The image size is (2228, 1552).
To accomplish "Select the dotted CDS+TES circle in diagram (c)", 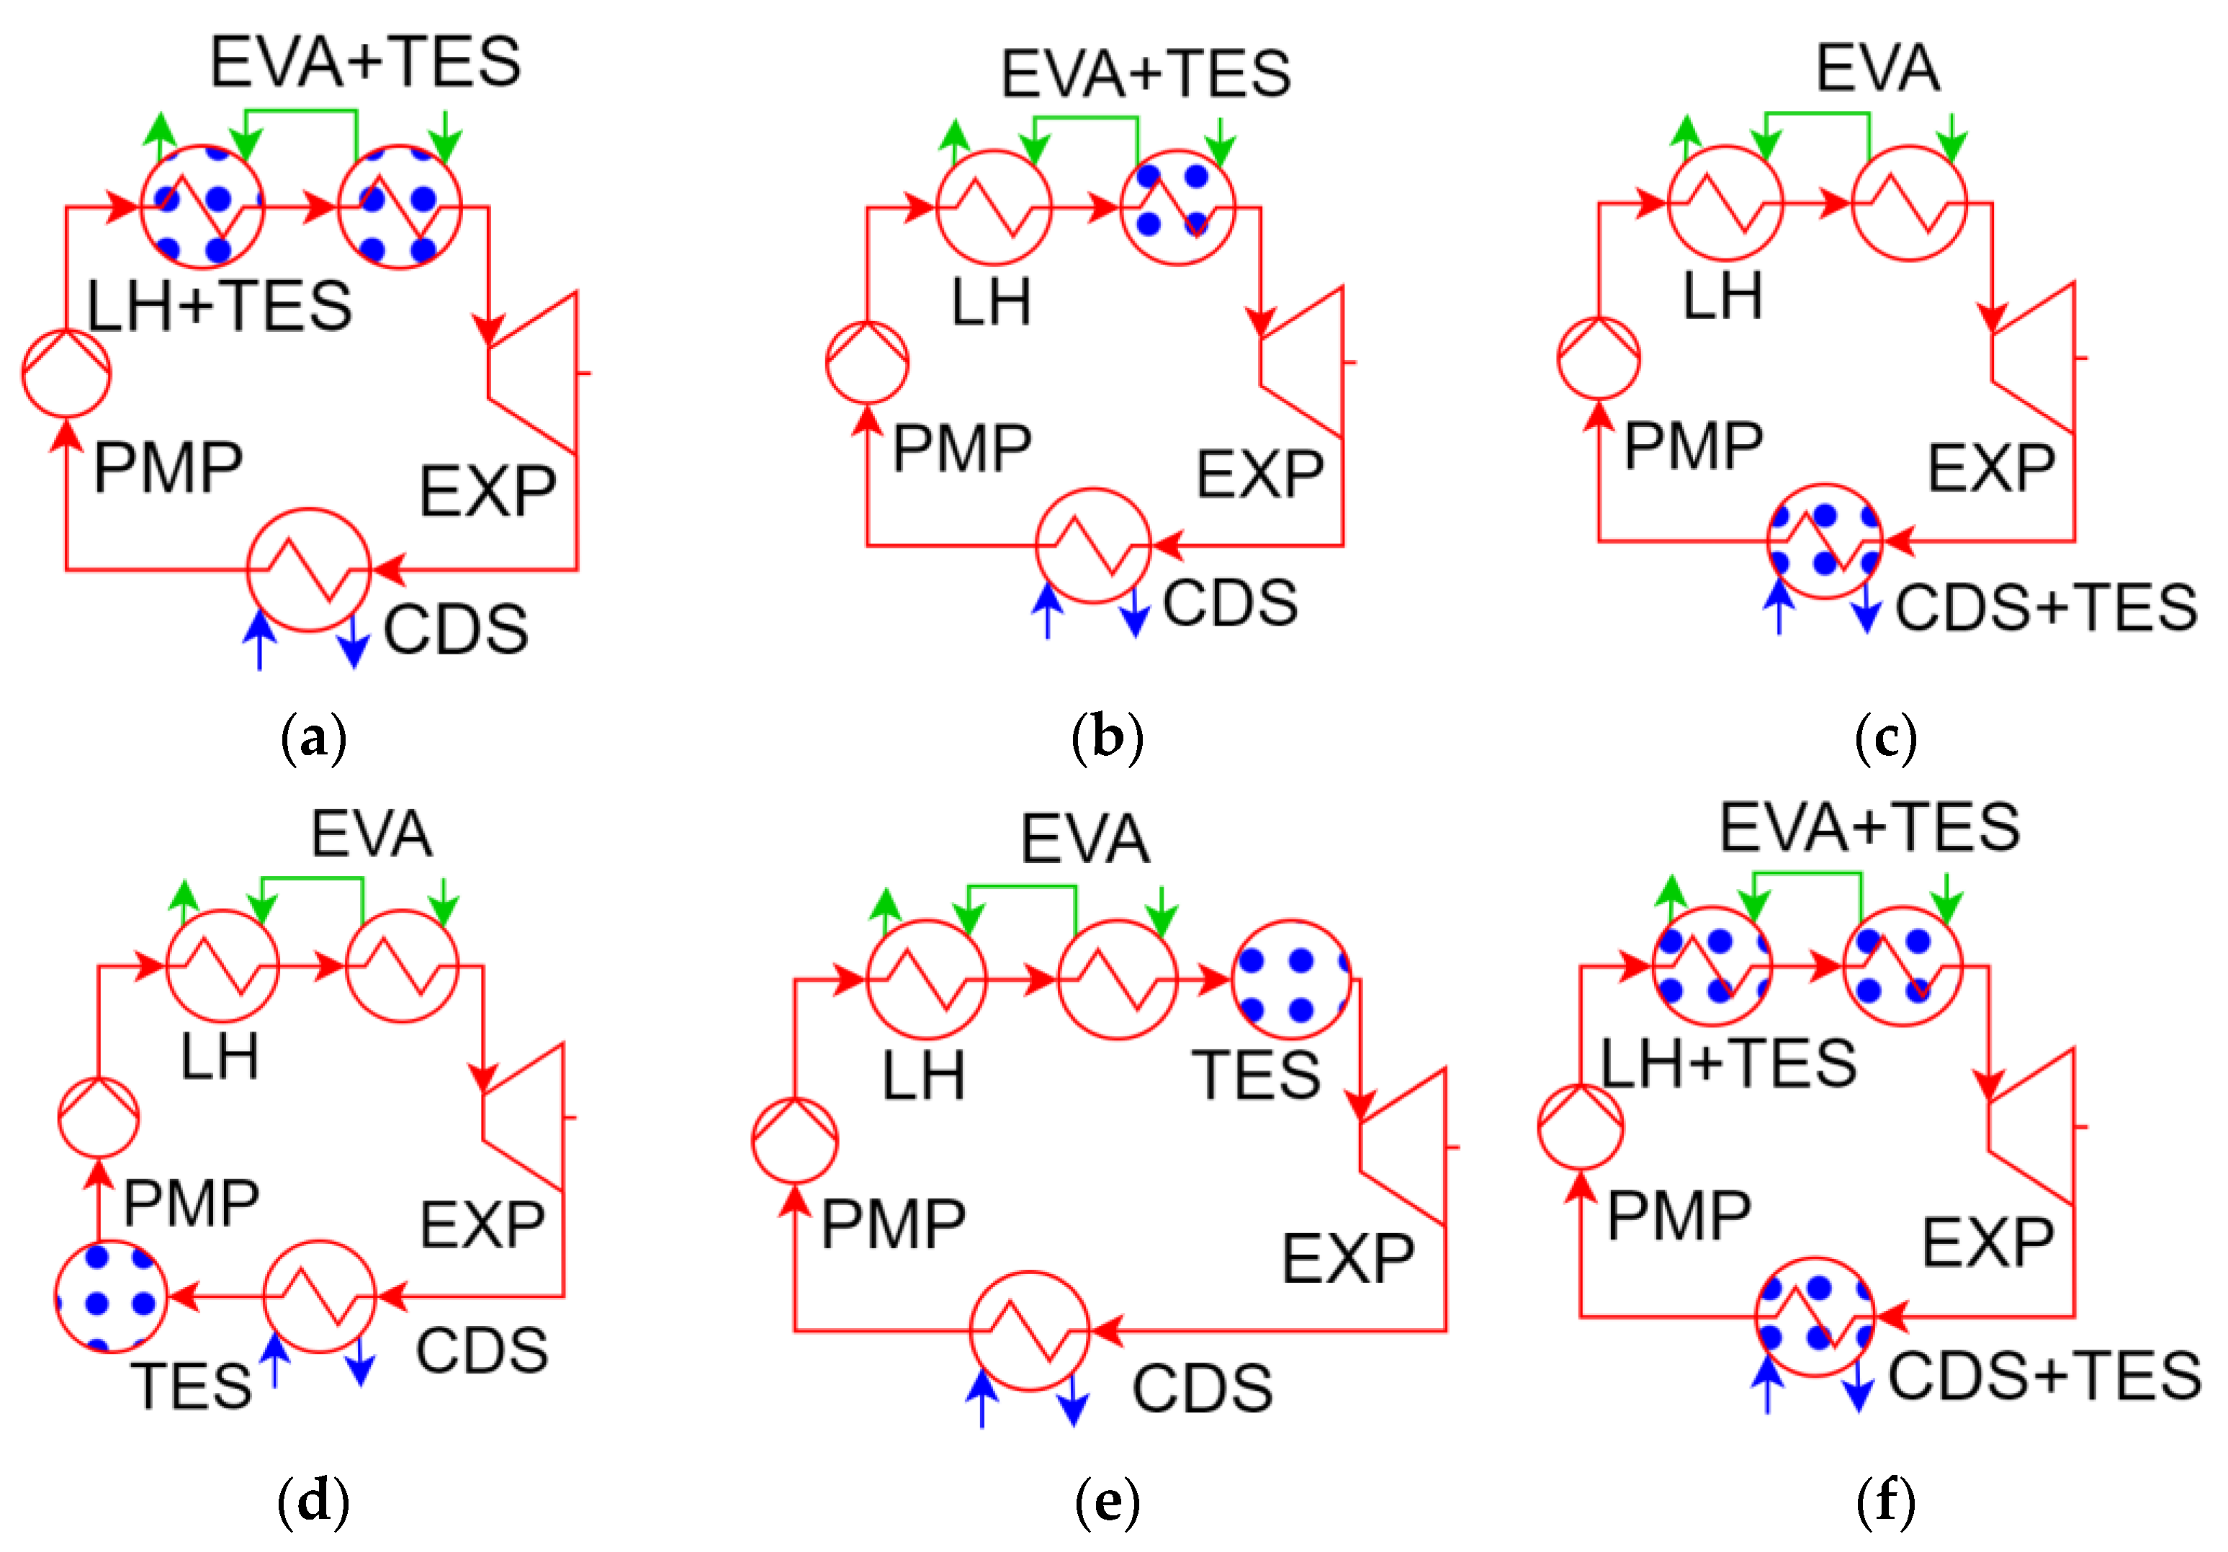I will pyautogui.click(x=1824, y=541).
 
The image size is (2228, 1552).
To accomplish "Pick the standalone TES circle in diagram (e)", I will pyautogui.click(x=1290, y=980).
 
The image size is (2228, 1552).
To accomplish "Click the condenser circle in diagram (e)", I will pyautogui.click(x=1030, y=1331).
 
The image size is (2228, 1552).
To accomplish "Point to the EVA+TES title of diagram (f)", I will pyautogui.click(x=1869, y=827).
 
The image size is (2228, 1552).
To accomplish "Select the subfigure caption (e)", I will pyautogui.click(x=1108, y=1502).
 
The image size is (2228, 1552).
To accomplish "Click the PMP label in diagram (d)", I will pyautogui.click(x=191, y=1203).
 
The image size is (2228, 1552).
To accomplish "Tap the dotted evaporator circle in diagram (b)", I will pyautogui.click(x=1177, y=207).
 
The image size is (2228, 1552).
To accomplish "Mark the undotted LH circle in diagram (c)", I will pyautogui.click(x=1725, y=203).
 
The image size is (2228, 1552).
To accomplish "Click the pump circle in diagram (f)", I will pyautogui.click(x=1580, y=1127).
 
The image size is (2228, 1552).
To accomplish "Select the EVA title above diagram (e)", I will pyautogui.click(x=1085, y=839).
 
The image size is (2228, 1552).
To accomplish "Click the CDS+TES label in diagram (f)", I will pyautogui.click(x=2044, y=1376).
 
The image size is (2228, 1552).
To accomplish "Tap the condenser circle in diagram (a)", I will pyautogui.click(x=309, y=569).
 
